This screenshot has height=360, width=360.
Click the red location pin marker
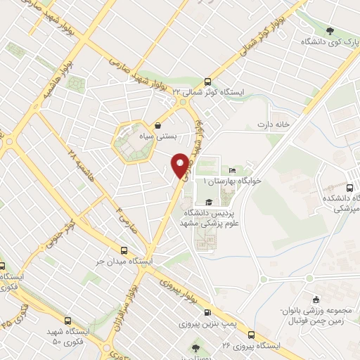pos(181,165)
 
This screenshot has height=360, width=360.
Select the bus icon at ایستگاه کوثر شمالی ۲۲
pos(207,81)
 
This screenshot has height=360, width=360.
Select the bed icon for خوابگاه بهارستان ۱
pos(232,171)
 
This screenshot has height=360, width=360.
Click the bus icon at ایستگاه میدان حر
pos(124,250)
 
